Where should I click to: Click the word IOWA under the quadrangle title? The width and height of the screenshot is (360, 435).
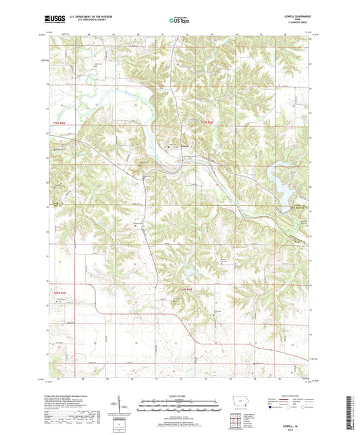pyautogui.click(x=297, y=20)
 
